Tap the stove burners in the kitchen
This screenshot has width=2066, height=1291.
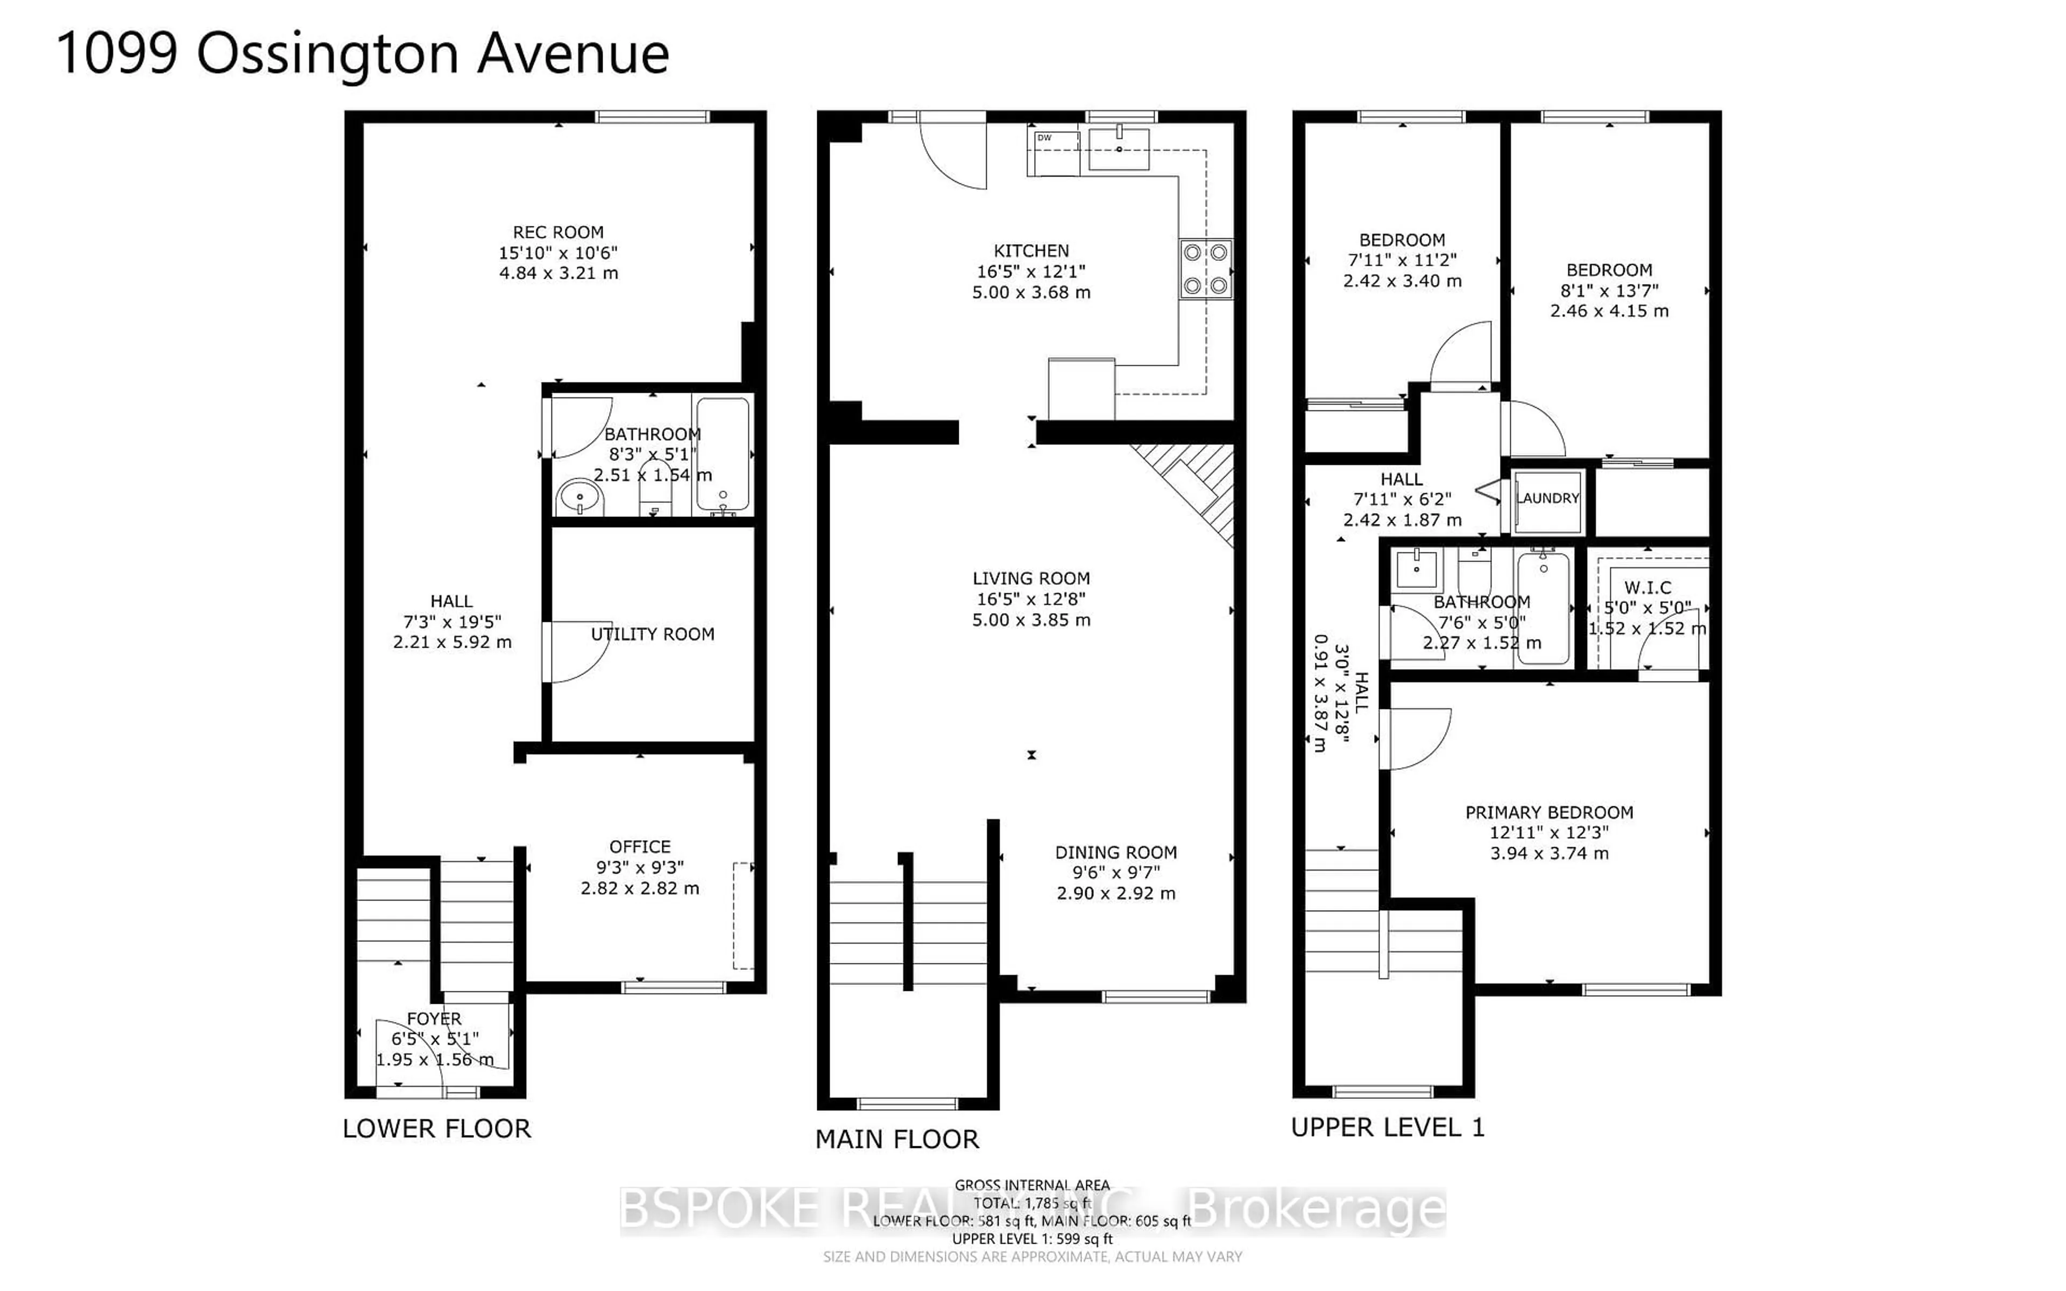pos(1206,269)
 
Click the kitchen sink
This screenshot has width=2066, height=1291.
pos(1119,150)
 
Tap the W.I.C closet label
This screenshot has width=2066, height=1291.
pos(1647,587)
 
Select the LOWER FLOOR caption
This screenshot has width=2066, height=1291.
pos(436,1129)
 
